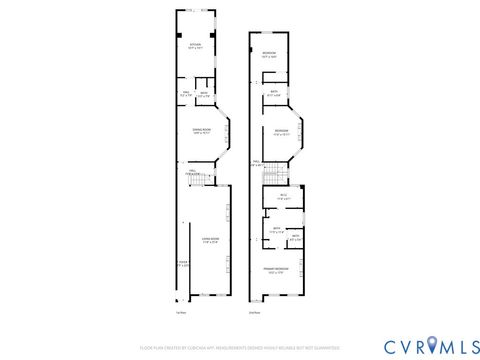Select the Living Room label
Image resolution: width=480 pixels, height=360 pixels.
coord(210,238)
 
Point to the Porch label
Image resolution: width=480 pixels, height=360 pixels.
coord(181,265)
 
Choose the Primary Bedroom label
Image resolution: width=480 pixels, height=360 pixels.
coord(277,271)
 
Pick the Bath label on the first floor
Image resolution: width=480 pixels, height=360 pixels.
coord(203,94)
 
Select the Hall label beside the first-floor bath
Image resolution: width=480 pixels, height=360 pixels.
coord(185,94)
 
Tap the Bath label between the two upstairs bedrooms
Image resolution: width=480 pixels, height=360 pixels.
coord(274,93)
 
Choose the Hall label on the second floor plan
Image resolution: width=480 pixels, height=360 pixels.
coord(256,163)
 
